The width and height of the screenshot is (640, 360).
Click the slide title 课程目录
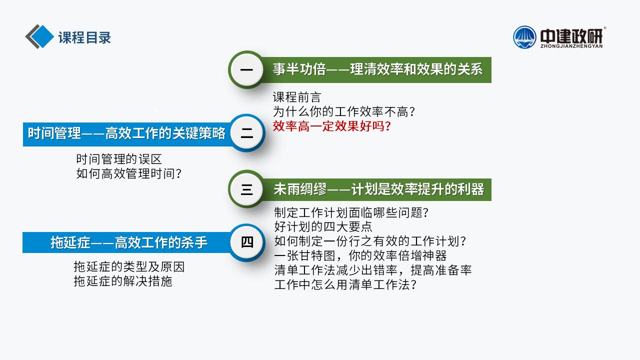coord(84,37)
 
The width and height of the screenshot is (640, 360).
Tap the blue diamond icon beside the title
coord(42,36)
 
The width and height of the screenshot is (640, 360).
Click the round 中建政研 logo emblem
coord(524,37)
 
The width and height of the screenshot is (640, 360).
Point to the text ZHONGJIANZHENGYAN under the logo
coord(571,46)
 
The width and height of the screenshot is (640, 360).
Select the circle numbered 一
coord(246,69)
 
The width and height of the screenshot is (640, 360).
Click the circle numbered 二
coord(247,133)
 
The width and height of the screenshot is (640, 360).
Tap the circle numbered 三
coord(246,189)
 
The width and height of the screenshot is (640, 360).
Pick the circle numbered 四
coord(247,242)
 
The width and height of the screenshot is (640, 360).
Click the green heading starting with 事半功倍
coord(377,69)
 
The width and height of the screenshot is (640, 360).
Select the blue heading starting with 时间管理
coord(126,133)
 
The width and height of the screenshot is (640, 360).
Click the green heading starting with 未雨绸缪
coord(379,189)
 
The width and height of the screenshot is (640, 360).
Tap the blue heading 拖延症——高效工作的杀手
coord(129,242)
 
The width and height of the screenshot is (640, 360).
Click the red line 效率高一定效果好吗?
coord(331,126)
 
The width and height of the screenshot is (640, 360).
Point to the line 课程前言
coord(297,97)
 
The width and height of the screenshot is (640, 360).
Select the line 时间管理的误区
coord(119,159)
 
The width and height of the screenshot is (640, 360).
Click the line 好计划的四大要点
coord(323,227)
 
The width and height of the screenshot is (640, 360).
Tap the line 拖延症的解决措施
coord(123,281)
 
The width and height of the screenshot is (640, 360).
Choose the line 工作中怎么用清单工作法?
coord(345,284)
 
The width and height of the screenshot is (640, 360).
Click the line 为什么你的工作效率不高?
coord(344,111)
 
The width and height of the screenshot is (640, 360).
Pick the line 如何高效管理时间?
coord(129,173)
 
